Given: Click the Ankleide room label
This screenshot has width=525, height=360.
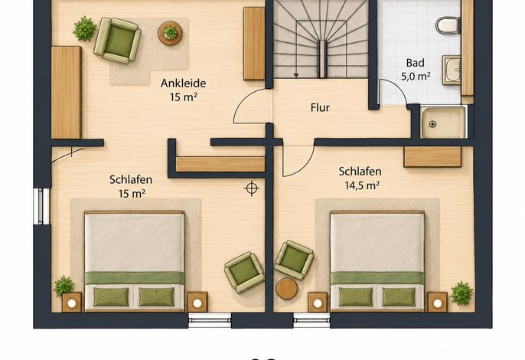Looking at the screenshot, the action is pos(183,83).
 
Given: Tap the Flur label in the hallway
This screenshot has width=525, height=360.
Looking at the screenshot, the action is pos(320,107).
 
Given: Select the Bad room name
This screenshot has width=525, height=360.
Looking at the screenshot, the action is pos(415,63).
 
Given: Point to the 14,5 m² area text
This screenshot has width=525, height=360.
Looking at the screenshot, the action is pos(362,185).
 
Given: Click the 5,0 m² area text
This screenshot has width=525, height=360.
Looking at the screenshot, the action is pos(416,77).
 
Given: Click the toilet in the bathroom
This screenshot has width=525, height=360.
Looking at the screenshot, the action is pos(448,25).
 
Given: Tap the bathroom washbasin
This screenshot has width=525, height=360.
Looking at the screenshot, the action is pos(452,70).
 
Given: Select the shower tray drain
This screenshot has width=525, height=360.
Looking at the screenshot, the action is pos(433,124).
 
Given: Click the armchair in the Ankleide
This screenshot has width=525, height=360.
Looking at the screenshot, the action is pos(118,41).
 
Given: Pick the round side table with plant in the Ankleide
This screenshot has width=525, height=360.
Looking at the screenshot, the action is pos(170,33).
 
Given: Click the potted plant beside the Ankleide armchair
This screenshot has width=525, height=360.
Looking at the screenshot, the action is pos(85,29).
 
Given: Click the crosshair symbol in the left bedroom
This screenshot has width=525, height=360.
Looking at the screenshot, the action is pos(252,188).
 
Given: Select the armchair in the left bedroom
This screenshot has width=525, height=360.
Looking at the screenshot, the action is pos(244,272).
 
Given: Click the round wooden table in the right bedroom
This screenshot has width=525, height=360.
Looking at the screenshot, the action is pos(286,289).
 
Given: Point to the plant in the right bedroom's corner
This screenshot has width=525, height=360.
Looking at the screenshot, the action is pos(461,293).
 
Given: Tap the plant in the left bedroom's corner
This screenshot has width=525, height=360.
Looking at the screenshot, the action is pos(64,286).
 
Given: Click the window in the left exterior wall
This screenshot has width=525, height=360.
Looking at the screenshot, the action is pos(41,206).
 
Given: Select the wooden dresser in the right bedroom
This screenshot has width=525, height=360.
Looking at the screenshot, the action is pos(432,156).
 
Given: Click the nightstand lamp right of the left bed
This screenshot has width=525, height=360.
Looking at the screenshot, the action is pos(197,303).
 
